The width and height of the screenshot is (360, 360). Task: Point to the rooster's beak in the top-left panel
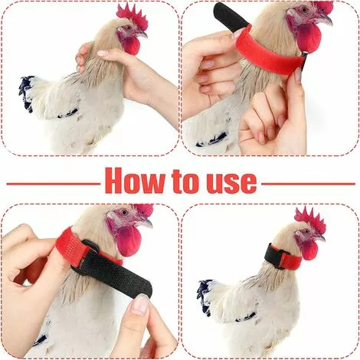pos(143,34)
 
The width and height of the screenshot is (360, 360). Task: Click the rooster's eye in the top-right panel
pos(303,10)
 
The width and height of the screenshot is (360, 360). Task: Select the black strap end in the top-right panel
pos(229,17)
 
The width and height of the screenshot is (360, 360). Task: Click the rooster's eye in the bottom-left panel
pos(124,212)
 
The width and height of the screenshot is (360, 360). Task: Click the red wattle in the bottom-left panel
pos(128,241)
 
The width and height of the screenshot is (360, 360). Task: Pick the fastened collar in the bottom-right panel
pos(282,257)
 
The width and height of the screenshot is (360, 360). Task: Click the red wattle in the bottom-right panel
pos(309,250)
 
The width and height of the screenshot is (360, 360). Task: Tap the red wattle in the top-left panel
pos(132,45)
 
